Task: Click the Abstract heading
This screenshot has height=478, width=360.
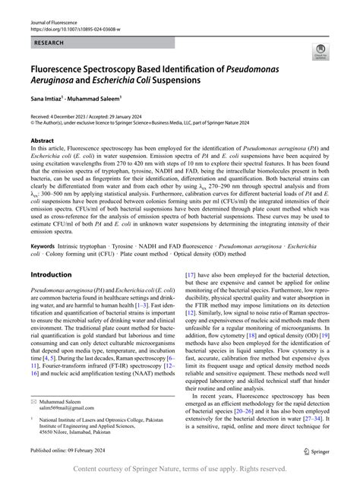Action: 42,141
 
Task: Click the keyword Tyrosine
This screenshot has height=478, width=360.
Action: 146,246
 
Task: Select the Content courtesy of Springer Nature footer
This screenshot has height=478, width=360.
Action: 180,469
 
